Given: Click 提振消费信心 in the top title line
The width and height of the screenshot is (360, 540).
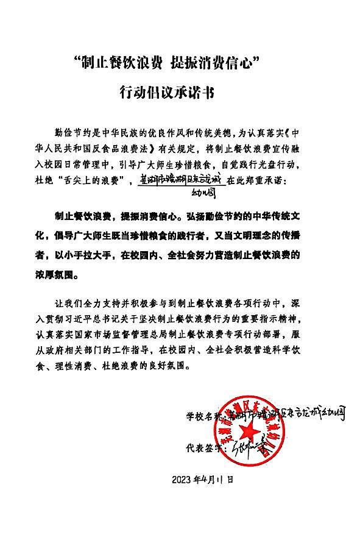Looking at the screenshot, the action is pyautogui.click(x=216, y=62).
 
